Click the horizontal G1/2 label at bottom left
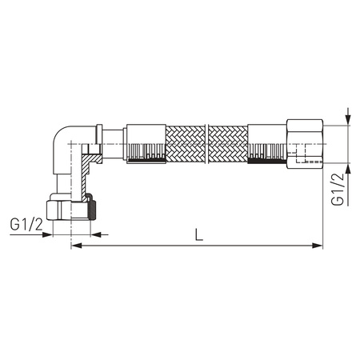pos(26,226)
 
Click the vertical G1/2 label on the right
pos(338,189)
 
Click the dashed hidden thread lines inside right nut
pos(302,157)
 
